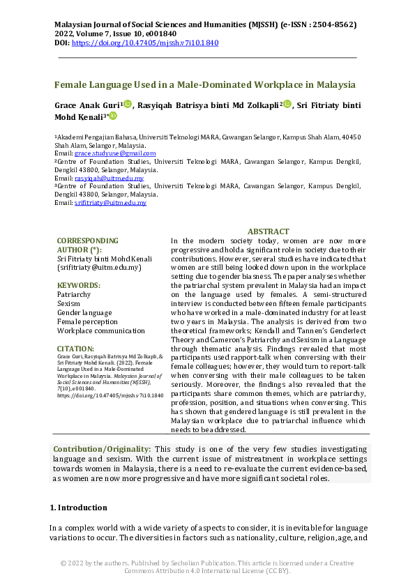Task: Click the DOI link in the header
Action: (x=145, y=43)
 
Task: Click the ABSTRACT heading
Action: (x=268, y=231)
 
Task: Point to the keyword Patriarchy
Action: (x=74, y=295)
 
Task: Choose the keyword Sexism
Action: (x=68, y=304)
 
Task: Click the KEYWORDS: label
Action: (x=78, y=286)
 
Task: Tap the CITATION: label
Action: (x=75, y=348)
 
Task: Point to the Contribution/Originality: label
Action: (x=102, y=450)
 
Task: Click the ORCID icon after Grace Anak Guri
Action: (x=128, y=104)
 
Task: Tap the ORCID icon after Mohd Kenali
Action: (x=114, y=116)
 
